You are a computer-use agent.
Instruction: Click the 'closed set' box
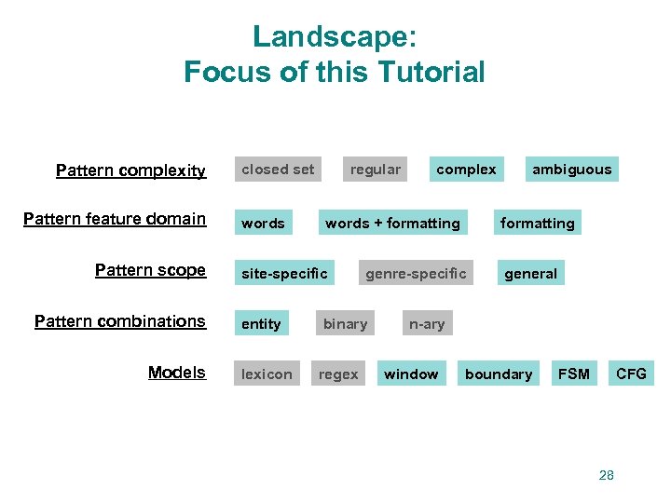[x=278, y=170]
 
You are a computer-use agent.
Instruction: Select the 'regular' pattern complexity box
[x=375, y=170]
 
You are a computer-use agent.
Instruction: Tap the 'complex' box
[x=466, y=170]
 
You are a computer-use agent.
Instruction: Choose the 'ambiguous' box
[x=571, y=170]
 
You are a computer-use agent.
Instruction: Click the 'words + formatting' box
[x=392, y=224]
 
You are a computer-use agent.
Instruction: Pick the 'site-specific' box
[x=284, y=274]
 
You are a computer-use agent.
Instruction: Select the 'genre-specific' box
[x=416, y=274]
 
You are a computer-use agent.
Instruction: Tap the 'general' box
[x=530, y=274]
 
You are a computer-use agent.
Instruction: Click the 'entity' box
[x=261, y=324]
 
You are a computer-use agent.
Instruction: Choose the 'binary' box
[x=345, y=324]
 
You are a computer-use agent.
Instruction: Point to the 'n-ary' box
[x=427, y=324]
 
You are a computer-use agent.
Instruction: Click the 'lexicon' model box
[x=267, y=374]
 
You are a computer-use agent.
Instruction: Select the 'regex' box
[x=338, y=374]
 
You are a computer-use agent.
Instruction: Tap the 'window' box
[x=411, y=374]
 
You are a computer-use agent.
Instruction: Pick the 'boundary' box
[x=499, y=374]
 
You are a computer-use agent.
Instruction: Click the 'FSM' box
[x=573, y=374]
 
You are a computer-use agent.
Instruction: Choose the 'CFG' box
[x=631, y=374]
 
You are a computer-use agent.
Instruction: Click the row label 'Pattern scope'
[x=150, y=270]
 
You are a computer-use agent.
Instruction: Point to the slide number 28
[x=607, y=475]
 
